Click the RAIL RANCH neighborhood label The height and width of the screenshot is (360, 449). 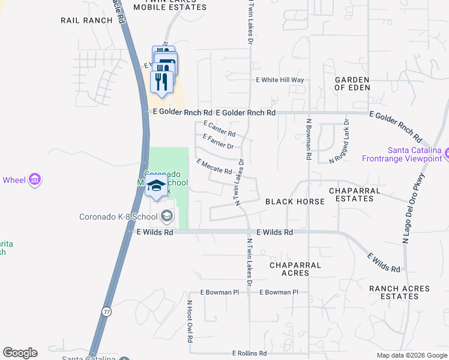pos(87,20)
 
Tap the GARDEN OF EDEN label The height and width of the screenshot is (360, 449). pos(352,83)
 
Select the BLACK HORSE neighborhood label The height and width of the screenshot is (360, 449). pos(295,202)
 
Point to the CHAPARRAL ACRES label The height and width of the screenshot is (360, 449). pos(295,269)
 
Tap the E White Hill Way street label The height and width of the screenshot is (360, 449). pos(280,80)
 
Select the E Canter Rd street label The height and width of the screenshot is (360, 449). pos(219,128)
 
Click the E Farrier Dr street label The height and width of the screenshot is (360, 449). pos(218,142)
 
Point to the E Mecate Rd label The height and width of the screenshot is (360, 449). pos(214,167)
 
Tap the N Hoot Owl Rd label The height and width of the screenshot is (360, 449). pos(189,320)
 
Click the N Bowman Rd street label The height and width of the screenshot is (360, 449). pos(308,139)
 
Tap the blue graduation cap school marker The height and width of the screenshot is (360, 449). pos(156,186)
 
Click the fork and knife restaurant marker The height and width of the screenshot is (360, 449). pos(161,82)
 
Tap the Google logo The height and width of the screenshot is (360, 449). pos(20,353)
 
